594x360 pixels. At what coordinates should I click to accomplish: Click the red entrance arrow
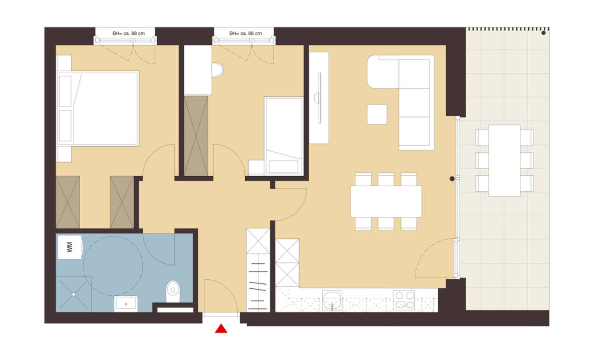click(x=221, y=328)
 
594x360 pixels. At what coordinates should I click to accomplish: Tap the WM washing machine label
click(x=69, y=247)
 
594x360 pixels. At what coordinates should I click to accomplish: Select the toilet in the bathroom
click(x=173, y=291)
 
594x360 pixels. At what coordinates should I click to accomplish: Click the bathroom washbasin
click(x=126, y=304)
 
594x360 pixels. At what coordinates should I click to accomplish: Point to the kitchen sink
click(x=332, y=300)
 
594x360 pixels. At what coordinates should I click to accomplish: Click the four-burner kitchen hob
click(x=404, y=300)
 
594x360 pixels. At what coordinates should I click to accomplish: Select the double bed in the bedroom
click(x=98, y=109)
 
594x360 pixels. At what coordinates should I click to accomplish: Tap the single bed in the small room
click(x=284, y=136)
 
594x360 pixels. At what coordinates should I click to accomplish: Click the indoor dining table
click(x=386, y=201)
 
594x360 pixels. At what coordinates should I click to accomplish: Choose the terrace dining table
click(x=504, y=160)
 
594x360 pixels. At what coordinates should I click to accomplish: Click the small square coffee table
click(x=377, y=114)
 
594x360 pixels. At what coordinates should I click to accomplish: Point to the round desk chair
click(x=217, y=70)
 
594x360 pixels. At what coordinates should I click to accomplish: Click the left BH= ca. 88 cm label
click(x=129, y=34)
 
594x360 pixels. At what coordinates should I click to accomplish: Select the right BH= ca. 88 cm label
click(x=246, y=34)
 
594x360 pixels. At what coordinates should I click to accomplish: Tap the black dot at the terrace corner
click(x=543, y=33)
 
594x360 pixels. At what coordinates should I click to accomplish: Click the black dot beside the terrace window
click(x=452, y=179)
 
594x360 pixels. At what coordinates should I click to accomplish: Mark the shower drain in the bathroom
click(x=74, y=294)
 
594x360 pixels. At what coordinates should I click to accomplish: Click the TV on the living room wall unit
click(x=319, y=97)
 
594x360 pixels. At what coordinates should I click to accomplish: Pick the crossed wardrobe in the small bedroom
click(x=196, y=136)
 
